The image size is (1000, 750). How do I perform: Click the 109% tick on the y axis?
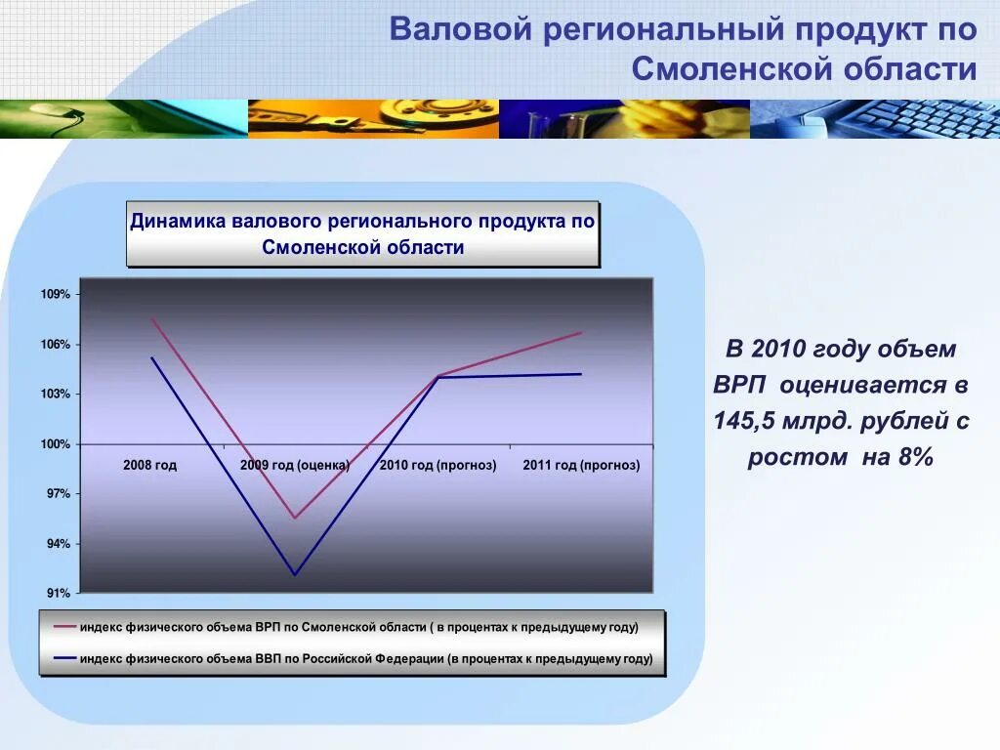coord(56,294)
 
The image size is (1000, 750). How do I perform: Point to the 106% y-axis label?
coord(56,345)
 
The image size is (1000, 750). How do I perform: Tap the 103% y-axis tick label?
coord(56,394)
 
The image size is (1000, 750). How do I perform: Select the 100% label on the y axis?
coord(56,444)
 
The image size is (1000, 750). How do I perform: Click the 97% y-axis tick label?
coord(58,493)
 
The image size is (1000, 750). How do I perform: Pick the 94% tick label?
coord(58,543)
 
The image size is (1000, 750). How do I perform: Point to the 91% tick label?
coord(58,593)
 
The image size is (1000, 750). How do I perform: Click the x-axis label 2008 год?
coord(149,465)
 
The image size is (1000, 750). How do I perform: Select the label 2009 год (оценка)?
coord(295,465)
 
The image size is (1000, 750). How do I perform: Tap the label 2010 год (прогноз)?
coord(438,465)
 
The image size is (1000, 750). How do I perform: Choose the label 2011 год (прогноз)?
coord(582,465)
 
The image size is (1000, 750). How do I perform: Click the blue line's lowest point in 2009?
coord(295,575)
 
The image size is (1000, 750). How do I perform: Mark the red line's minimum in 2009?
coord(295,518)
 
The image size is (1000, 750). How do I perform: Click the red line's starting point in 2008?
coord(151,318)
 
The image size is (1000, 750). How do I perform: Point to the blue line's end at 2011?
coord(581,374)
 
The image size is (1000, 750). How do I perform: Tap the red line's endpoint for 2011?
coord(581,332)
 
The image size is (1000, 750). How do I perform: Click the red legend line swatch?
coord(65,627)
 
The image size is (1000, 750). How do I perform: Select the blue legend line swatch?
coord(65,658)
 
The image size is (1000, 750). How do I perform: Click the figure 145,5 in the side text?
coord(744,421)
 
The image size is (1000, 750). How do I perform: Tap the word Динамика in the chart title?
coord(178,222)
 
